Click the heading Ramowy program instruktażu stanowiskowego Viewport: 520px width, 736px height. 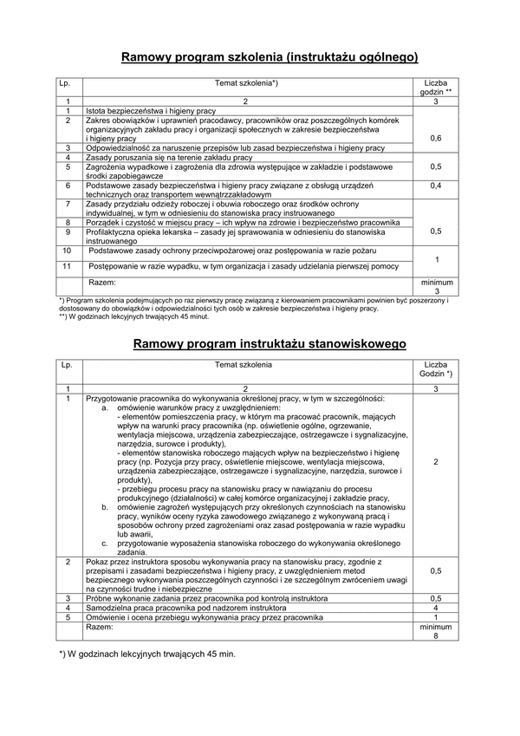pos(270,344)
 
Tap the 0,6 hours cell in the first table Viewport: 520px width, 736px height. pos(435,138)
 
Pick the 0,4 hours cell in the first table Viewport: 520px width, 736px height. pos(435,186)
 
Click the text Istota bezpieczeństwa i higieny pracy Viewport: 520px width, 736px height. pos(150,112)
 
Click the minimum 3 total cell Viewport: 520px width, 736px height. pos(436,287)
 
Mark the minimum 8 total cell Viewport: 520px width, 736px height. pos(436,630)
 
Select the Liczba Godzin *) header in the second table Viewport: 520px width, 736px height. pos(436,371)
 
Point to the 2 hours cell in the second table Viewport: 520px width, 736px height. pos(436,462)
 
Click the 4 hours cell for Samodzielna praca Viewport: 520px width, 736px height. pos(436,607)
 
